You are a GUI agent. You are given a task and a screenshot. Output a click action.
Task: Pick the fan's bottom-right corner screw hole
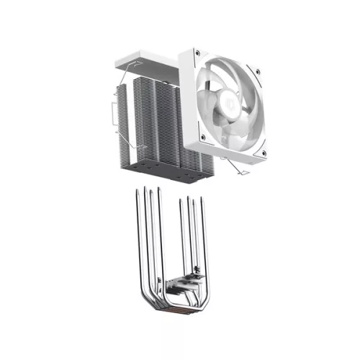tap(264, 153)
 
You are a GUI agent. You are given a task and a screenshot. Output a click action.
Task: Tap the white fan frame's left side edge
tap(189, 101)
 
